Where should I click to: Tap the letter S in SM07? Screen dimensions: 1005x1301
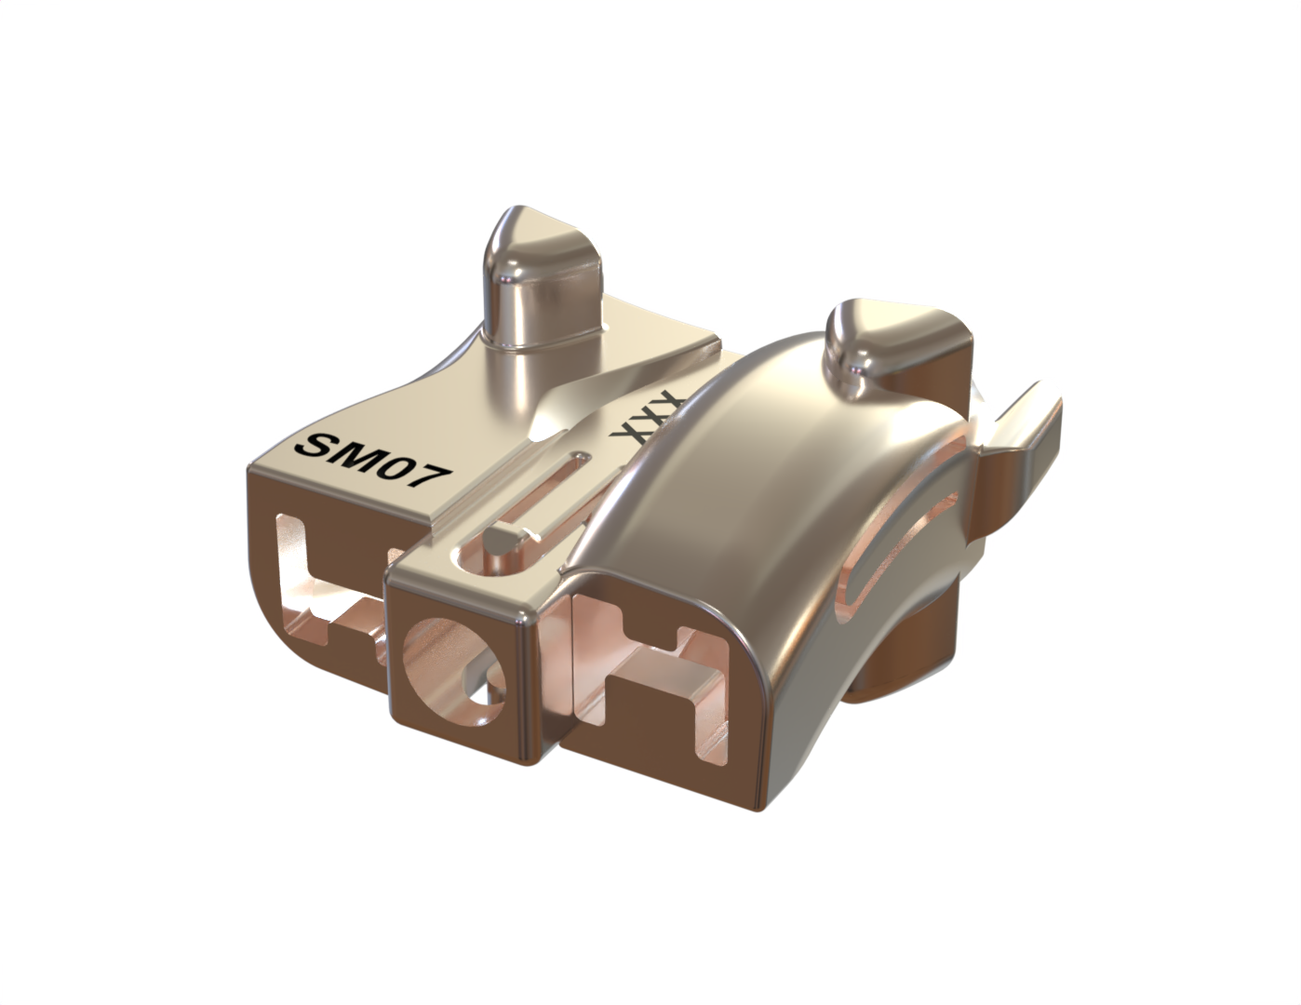click(312, 444)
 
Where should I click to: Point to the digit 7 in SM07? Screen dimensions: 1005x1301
click(433, 480)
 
